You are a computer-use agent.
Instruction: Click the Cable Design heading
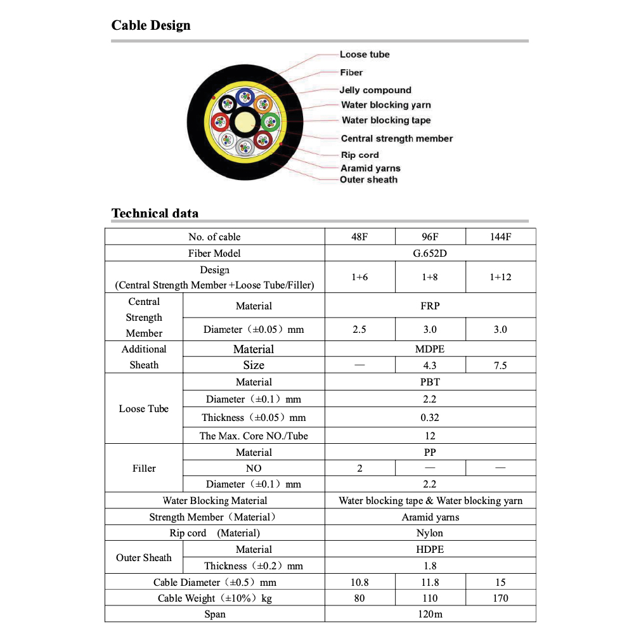(x=151, y=25)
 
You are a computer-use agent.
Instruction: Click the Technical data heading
(x=155, y=213)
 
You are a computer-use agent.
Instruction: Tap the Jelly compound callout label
(x=375, y=90)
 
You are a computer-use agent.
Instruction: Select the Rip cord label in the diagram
(x=359, y=155)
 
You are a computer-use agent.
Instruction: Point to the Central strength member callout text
(x=397, y=138)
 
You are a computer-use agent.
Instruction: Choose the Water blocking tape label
(x=385, y=120)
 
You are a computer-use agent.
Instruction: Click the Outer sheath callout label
(x=368, y=179)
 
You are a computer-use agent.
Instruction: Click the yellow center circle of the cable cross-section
(x=244, y=120)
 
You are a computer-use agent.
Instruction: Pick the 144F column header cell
(x=500, y=236)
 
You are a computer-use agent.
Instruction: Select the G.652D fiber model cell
(x=430, y=253)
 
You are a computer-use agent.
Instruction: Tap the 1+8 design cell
(x=430, y=277)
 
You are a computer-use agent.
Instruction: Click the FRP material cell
(x=430, y=306)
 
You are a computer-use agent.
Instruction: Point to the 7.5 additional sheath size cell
(x=500, y=365)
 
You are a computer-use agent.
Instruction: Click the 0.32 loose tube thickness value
(x=430, y=417)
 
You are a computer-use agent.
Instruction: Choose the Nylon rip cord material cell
(x=430, y=533)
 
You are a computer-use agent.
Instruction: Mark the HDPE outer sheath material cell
(x=430, y=549)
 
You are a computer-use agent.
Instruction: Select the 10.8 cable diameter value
(x=359, y=582)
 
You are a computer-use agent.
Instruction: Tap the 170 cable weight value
(x=500, y=598)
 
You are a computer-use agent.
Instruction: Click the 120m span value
(x=430, y=614)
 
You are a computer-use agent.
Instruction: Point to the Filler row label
(x=144, y=468)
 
